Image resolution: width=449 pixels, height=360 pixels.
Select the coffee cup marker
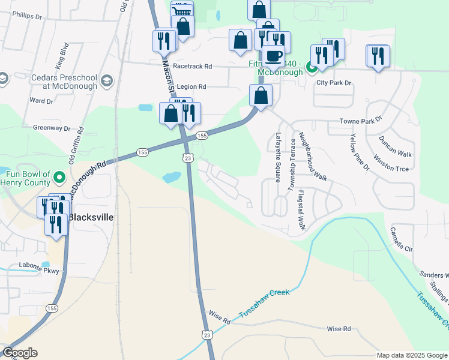[x=273, y=56]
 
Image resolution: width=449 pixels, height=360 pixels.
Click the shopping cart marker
[x=182, y=11]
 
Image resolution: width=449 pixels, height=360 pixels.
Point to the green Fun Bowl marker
[x=59, y=177]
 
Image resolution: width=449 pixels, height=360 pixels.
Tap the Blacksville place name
[x=90, y=217]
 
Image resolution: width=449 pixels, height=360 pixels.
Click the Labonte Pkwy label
[x=40, y=271]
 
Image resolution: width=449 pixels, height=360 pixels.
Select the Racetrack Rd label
[x=192, y=67]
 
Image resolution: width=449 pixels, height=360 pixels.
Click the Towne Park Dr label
[x=361, y=121]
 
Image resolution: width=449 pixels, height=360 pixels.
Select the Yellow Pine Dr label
[x=359, y=152]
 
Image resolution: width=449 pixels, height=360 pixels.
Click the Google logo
[x=20, y=353]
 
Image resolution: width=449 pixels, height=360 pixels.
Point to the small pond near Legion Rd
[x=145, y=108]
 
